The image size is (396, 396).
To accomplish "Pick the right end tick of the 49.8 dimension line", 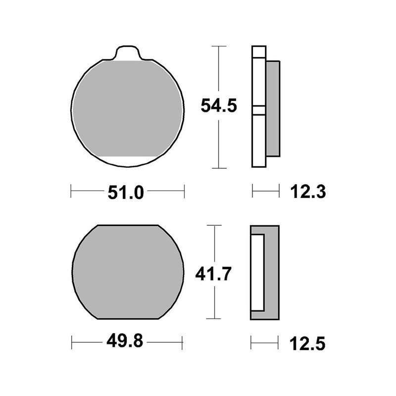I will click(183, 342).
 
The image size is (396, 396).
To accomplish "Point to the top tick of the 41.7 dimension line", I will click(214, 225).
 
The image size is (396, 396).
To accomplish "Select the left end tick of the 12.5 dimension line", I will click(251, 342).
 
